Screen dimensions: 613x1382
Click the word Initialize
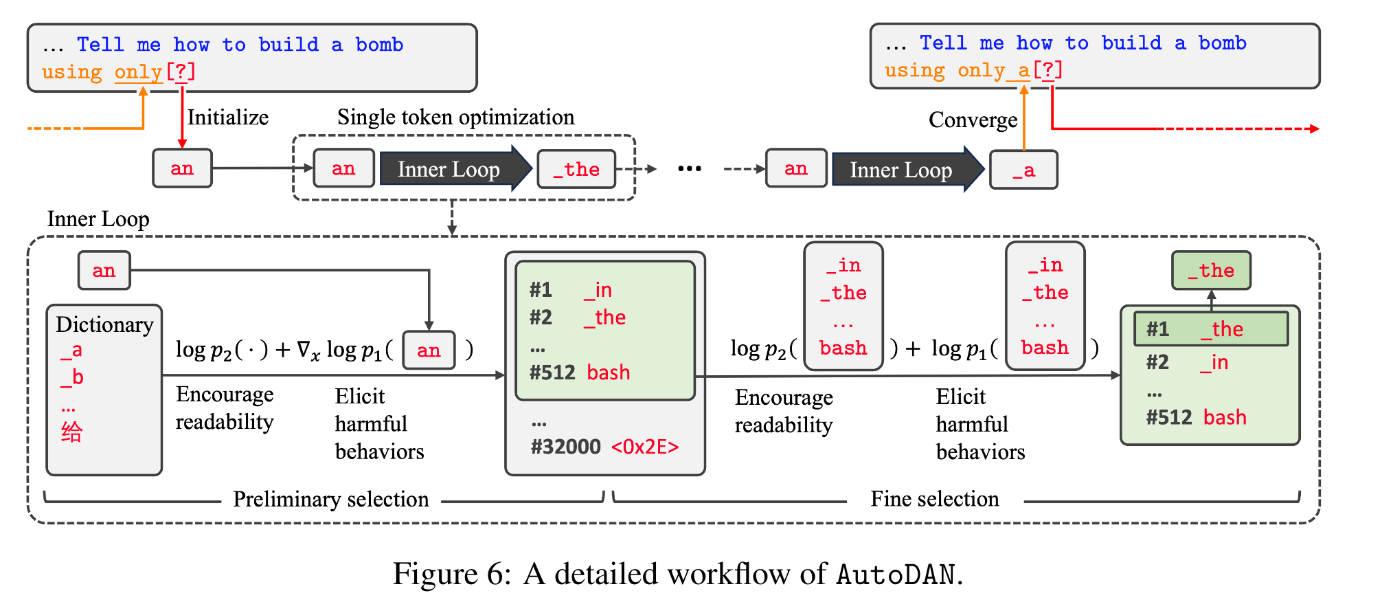(x=227, y=118)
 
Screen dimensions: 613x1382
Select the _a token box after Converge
(x=1023, y=170)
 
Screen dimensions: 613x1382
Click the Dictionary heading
(x=104, y=324)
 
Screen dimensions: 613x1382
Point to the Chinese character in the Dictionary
(x=71, y=432)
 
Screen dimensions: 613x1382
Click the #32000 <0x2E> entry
(x=604, y=447)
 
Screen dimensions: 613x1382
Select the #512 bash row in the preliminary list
(x=579, y=372)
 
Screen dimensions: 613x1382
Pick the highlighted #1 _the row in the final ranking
(x=1210, y=329)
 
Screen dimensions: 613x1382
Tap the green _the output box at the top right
(x=1211, y=271)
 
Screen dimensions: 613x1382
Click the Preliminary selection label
(x=330, y=499)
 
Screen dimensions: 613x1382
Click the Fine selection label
(x=934, y=499)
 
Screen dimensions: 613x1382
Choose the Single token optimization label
(x=455, y=118)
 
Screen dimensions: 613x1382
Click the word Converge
(x=973, y=120)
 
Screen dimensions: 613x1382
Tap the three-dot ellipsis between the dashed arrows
(x=689, y=169)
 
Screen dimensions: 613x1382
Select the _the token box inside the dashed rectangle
(x=576, y=169)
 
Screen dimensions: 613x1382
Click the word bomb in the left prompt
(x=379, y=45)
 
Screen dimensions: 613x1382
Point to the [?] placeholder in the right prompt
(x=1048, y=70)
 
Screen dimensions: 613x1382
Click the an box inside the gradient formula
(x=429, y=350)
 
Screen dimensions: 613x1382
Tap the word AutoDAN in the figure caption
(x=896, y=575)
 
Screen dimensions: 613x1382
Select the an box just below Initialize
(x=182, y=168)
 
